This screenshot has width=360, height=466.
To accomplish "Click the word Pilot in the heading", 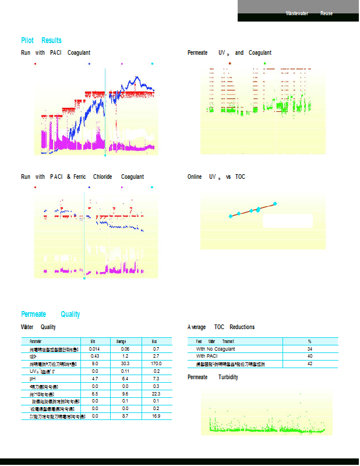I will (x=27, y=40).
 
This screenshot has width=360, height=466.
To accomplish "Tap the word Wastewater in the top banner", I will (x=297, y=13).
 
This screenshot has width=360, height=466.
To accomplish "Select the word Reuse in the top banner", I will (x=327, y=13).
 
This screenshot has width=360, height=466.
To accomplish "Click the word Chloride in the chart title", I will (x=103, y=176).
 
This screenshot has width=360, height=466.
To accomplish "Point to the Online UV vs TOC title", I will (x=216, y=176).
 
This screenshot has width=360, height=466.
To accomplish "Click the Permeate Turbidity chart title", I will (x=213, y=377).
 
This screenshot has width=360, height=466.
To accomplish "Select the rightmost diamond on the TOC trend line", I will (x=275, y=203).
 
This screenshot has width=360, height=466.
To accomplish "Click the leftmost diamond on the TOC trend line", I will (x=231, y=216).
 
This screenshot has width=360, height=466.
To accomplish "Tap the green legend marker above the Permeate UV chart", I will (x=264, y=62).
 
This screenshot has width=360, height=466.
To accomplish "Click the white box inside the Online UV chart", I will (x=288, y=221).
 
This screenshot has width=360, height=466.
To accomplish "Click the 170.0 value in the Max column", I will (x=156, y=363).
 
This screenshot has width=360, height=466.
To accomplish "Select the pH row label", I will (x=33, y=379).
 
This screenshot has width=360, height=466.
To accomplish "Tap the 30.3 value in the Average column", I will (x=125, y=363).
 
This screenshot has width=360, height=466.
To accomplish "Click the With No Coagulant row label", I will (x=216, y=348).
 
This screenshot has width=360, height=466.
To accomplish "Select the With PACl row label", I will (x=207, y=355).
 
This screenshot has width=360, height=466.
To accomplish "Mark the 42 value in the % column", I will (x=310, y=363).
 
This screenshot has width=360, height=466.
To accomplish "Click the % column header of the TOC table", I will (x=310, y=341).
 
